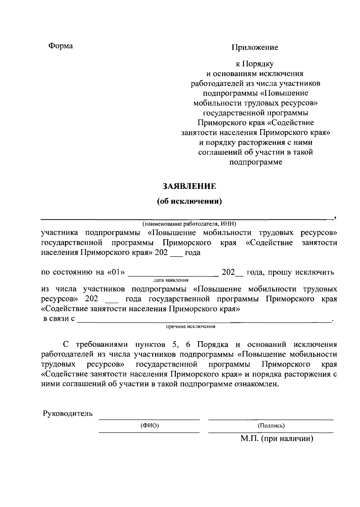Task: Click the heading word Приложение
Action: (255, 47)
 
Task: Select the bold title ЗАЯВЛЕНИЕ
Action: (189, 186)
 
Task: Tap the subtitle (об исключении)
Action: (189, 201)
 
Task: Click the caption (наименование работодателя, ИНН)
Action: (190, 224)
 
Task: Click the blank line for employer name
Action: (186, 219)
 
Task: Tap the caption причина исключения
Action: (190, 327)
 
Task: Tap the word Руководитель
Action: (68, 414)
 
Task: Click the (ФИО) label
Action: (149, 425)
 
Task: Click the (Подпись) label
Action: (271, 425)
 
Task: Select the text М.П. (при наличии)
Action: (277, 439)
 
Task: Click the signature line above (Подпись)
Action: (271, 419)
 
